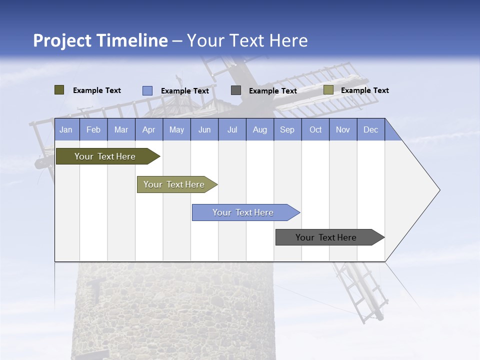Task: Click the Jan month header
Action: click(x=66, y=129)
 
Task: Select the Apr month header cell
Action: click(x=149, y=129)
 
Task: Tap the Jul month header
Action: click(x=232, y=129)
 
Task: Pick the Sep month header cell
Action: click(x=287, y=129)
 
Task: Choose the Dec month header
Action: click(x=370, y=129)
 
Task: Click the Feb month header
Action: click(x=93, y=129)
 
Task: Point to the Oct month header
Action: click(x=315, y=129)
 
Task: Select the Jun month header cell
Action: click(x=204, y=129)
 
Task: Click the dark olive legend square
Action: click(x=59, y=90)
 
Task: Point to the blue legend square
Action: click(x=147, y=90)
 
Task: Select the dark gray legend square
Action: click(x=236, y=90)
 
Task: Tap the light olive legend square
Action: click(x=328, y=90)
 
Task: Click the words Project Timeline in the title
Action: click(x=100, y=40)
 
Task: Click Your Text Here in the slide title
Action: click(x=247, y=40)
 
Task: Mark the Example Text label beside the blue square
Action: click(x=184, y=91)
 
